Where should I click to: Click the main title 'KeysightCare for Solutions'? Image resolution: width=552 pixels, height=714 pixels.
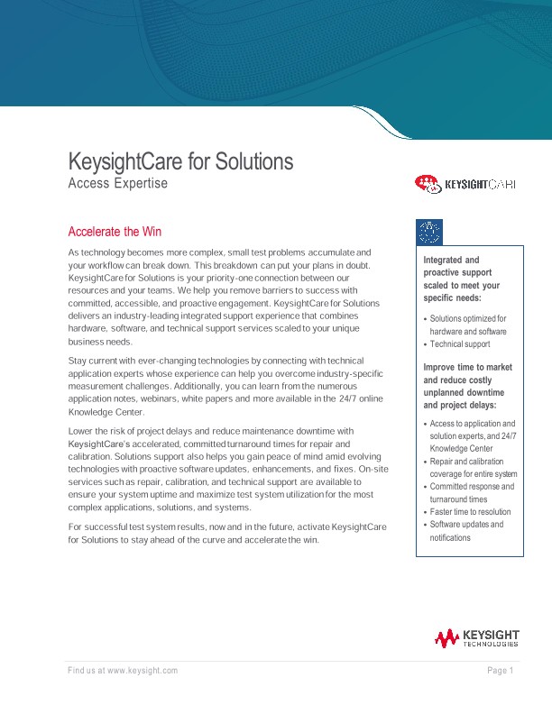point(180,162)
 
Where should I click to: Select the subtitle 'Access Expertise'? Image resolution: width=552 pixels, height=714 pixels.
point(117,183)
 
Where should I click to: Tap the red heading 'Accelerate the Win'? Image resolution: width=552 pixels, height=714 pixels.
point(115,232)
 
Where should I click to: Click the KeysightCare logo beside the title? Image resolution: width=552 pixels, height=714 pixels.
point(465,184)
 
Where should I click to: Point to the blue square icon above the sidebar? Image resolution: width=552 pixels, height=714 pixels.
point(429,232)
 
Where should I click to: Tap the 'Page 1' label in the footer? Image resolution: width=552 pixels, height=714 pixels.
point(500,670)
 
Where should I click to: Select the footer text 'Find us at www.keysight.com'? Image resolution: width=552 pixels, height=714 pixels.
point(123,670)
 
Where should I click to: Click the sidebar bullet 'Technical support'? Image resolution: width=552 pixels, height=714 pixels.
point(459,344)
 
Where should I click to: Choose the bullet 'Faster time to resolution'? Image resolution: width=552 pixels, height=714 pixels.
point(469,511)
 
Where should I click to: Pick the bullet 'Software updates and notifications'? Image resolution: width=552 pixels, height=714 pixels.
point(465,531)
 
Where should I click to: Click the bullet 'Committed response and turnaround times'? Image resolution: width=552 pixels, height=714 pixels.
point(470,492)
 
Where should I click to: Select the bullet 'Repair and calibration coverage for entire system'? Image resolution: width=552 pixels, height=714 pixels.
point(472,467)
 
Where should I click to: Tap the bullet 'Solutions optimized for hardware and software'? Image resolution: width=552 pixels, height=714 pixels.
point(467,325)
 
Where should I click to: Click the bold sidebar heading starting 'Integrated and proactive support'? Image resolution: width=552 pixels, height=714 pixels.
point(461,279)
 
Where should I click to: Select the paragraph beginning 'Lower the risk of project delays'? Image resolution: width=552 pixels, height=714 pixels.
point(225,469)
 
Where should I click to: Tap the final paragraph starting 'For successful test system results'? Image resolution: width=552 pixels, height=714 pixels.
point(225,533)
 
